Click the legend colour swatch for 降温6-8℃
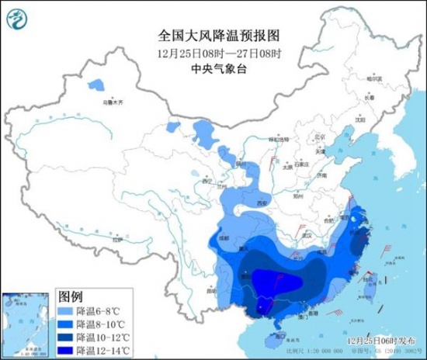(x=66, y=310)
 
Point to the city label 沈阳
(x=359, y=120)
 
